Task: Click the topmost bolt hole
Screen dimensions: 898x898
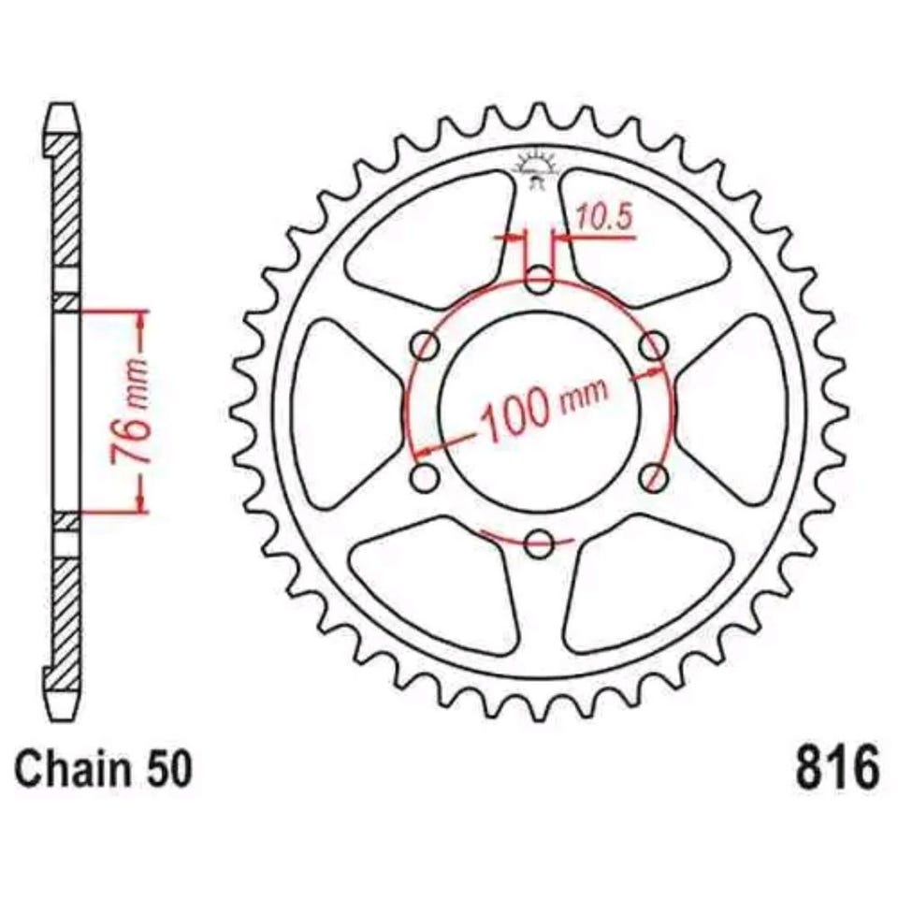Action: [540, 281]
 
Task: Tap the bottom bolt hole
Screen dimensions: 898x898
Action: [540, 543]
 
